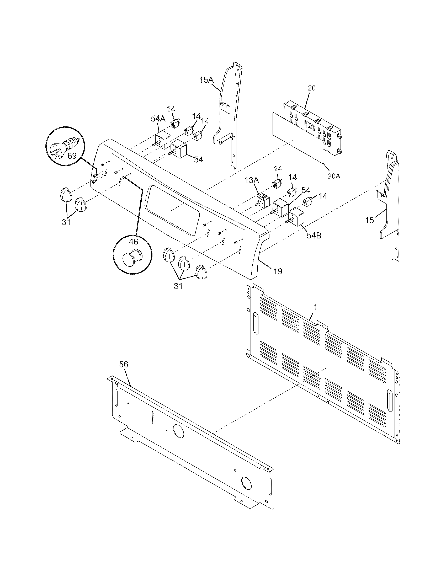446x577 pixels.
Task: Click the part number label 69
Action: (x=72, y=156)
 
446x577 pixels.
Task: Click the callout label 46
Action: (x=134, y=241)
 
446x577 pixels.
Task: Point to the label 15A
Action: (x=206, y=80)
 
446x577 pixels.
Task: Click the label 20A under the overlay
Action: (x=334, y=176)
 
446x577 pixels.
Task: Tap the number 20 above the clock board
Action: (x=312, y=88)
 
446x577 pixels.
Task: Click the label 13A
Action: (x=251, y=180)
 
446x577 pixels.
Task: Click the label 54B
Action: (x=314, y=236)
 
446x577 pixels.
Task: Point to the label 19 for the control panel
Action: (x=278, y=271)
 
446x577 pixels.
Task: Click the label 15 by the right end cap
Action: (x=369, y=220)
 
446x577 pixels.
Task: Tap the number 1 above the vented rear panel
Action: (x=315, y=307)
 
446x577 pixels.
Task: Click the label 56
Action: (x=123, y=365)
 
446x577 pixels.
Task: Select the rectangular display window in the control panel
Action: (x=172, y=210)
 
